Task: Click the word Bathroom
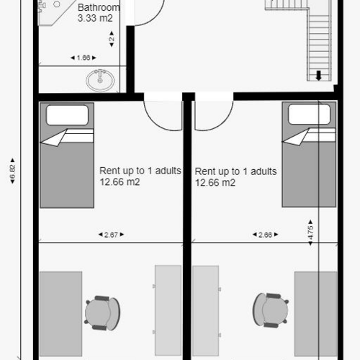99,8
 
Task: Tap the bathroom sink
99,80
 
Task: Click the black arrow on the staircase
319,74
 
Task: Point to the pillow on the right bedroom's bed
310,115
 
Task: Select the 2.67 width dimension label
109,235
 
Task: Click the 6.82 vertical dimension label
12,171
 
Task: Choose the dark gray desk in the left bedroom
60,313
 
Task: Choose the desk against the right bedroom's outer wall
315,313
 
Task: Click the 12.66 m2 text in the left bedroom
120,182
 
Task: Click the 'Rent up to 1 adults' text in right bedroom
235,171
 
